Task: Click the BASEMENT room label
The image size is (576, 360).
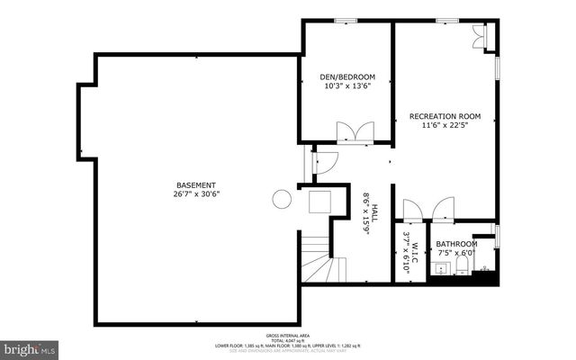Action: pyautogui.click(x=195, y=185)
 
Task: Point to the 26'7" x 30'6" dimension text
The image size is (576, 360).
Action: pyautogui.click(x=195, y=194)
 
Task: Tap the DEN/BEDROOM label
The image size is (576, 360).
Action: pyautogui.click(x=347, y=77)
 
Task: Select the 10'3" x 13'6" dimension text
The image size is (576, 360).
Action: pyautogui.click(x=347, y=87)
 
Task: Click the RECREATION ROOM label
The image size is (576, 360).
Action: pyautogui.click(x=445, y=117)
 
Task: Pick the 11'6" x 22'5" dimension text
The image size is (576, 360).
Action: pyautogui.click(x=445, y=126)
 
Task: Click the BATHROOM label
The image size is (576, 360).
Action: pyautogui.click(x=456, y=244)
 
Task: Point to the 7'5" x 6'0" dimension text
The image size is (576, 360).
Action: pyautogui.click(x=456, y=253)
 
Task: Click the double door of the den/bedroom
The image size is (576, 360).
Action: pyautogui.click(x=355, y=132)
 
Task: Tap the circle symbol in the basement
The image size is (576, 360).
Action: pyautogui.click(x=282, y=199)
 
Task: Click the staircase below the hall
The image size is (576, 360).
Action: pyautogui.click(x=317, y=260)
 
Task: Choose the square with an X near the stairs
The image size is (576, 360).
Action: pyautogui.click(x=321, y=201)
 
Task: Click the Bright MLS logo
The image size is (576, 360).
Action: pyautogui.click(x=30, y=346)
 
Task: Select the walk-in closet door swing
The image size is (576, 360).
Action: pyautogui.click(x=412, y=211)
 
